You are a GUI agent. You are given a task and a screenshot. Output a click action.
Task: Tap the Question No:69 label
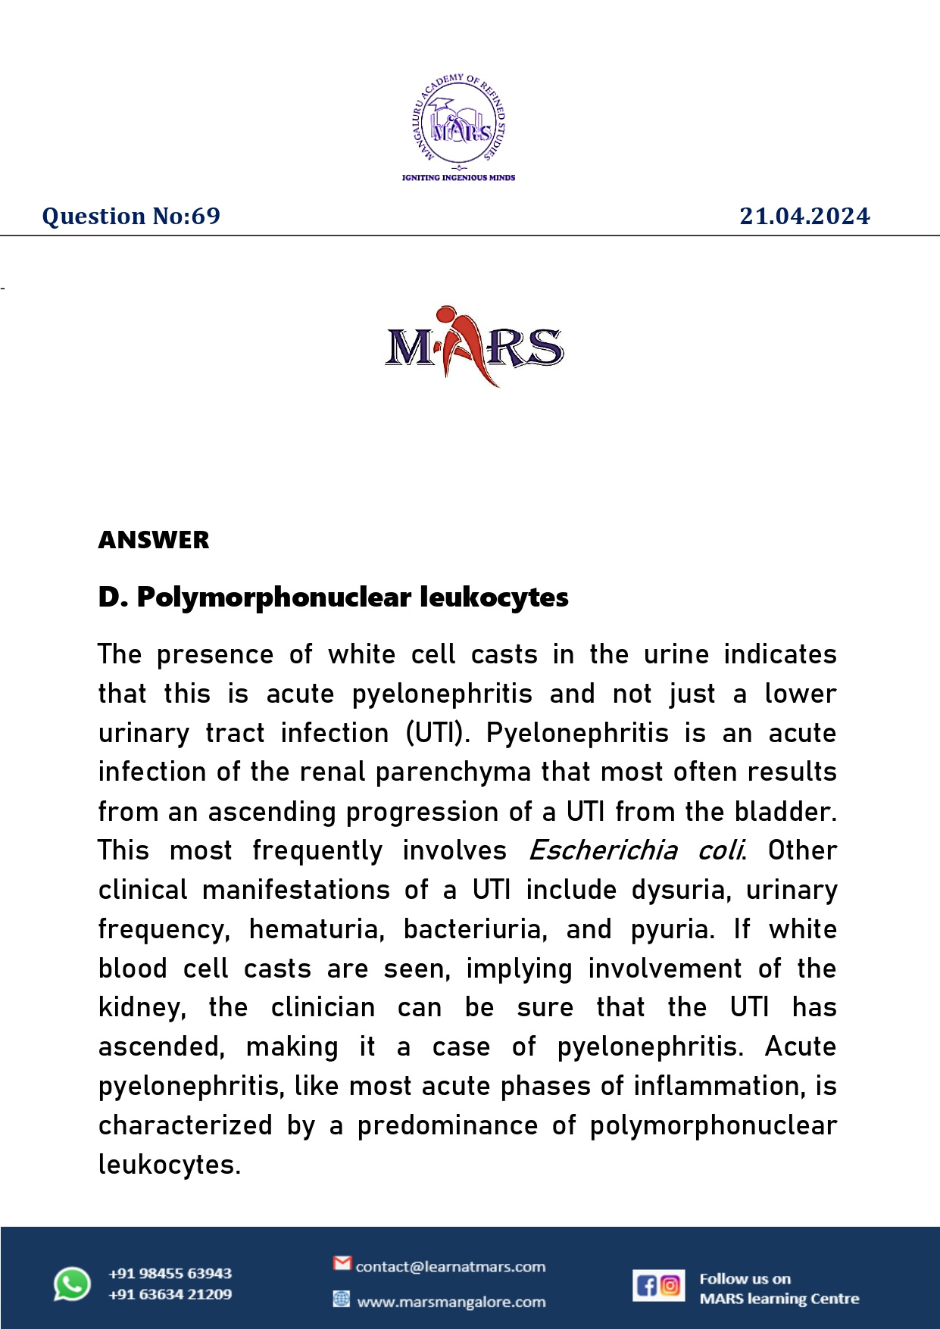(x=131, y=217)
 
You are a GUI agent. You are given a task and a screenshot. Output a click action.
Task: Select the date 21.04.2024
(x=804, y=217)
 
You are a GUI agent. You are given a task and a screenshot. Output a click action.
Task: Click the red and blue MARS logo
(x=474, y=347)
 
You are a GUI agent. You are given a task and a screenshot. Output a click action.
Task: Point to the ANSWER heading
(x=154, y=540)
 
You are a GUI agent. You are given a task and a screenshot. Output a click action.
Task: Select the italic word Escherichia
(x=603, y=850)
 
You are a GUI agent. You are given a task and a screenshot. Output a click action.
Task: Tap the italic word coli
(x=721, y=850)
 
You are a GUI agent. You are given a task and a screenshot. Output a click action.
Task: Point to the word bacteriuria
(x=475, y=929)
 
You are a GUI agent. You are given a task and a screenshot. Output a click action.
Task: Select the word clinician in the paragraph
(x=323, y=1008)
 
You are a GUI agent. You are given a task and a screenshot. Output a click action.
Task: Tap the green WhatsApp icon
(x=72, y=1284)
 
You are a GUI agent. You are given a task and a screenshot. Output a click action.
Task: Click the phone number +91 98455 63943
(x=170, y=1274)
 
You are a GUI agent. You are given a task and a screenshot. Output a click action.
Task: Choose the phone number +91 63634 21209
(x=170, y=1295)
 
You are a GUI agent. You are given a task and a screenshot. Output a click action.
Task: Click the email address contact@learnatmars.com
(x=451, y=1267)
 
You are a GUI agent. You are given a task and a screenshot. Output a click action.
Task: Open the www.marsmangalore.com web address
(x=451, y=1302)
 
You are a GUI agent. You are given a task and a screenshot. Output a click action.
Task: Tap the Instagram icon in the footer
(x=670, y=1285)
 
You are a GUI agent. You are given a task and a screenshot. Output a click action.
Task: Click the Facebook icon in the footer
(x=646, y=1286)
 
